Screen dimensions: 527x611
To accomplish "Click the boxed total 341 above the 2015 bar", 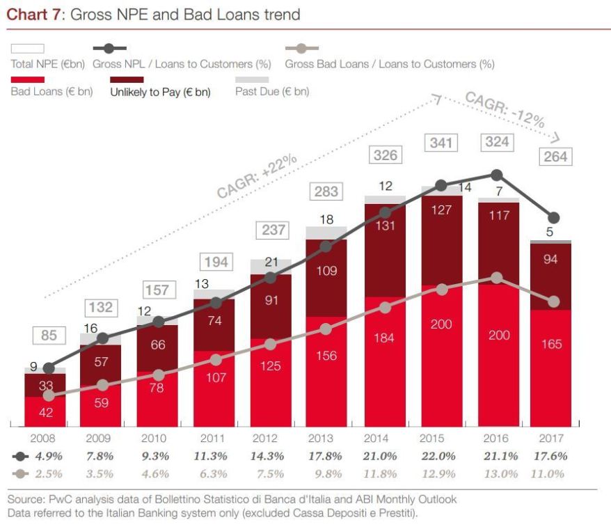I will [441, 143].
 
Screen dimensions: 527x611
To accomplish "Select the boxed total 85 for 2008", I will [49, 336].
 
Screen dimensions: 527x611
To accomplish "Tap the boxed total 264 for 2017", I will [555, 157].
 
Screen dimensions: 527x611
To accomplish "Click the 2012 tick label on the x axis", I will [264, 439].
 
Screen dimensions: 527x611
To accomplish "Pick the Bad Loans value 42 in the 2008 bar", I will [45, 412].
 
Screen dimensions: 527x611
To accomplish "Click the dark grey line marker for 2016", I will [496, 175].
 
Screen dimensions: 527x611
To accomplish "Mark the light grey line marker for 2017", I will [554, 301].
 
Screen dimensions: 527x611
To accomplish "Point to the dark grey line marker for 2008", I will [48, 368].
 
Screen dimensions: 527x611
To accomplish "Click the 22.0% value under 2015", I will [440, 457].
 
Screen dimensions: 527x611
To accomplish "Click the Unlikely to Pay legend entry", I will [160, 91].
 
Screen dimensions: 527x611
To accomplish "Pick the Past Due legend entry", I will [272, 91].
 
